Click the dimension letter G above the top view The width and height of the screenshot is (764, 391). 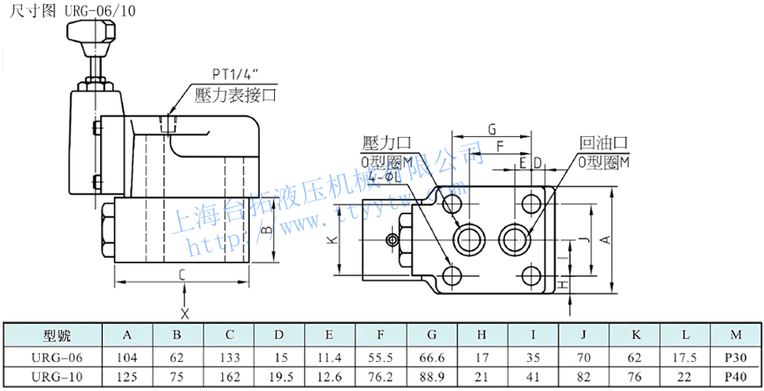pyautogui.click(x=492, y=128)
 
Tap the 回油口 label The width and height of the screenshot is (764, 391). pyautogui.click(x=603, y=143)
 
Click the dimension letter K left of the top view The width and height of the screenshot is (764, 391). pyautogui.click(x=334, y=240)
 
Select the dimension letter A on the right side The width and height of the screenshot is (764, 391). pyautogui.click(x=604, y=240)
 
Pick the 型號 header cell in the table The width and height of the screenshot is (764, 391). pyautogui.click(x=53, y=334)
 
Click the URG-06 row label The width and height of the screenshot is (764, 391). pyautogui.click(x=53, y=356)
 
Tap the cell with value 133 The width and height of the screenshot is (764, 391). pyautogui.click(x=231, y=356)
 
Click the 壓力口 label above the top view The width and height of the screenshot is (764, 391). pyautogui.click(x=386, y=142)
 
